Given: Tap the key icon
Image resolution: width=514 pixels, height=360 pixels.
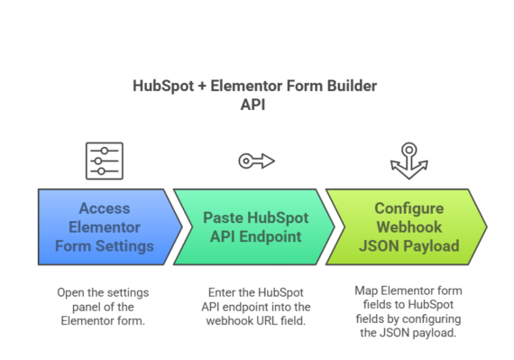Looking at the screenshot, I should (256, 161).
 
